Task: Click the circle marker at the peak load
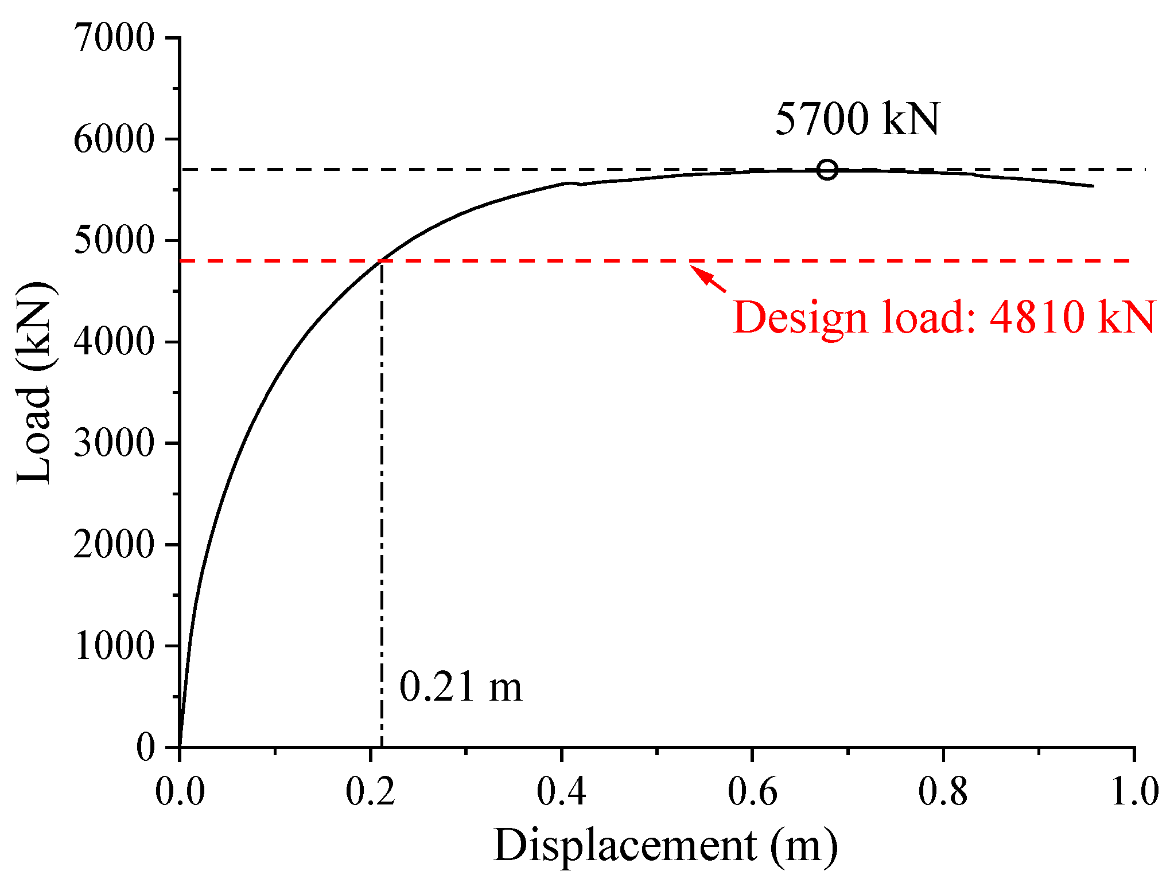[x=827, y=170]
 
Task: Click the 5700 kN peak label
[x=857, y=119]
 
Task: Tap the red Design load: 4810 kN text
[x=944, y=317]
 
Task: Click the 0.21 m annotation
[x=461, y=687]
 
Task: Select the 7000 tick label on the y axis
[x=114, y=38]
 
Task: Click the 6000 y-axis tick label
[x=114, y=139]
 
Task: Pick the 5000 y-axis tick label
[x=114, y=241]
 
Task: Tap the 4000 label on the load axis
[x=114, y=342]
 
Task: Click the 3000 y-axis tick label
[x=114, y=443]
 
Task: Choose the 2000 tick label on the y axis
[x=114, y=545]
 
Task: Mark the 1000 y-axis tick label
[x=114, y=646]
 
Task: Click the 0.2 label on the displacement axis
[x=371, y=792]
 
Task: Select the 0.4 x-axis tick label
[x=561, y=792]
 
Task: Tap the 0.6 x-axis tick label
[x=752, y=792]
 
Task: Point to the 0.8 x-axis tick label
[x=943, y=792]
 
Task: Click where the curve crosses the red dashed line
[x=380, y=261]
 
